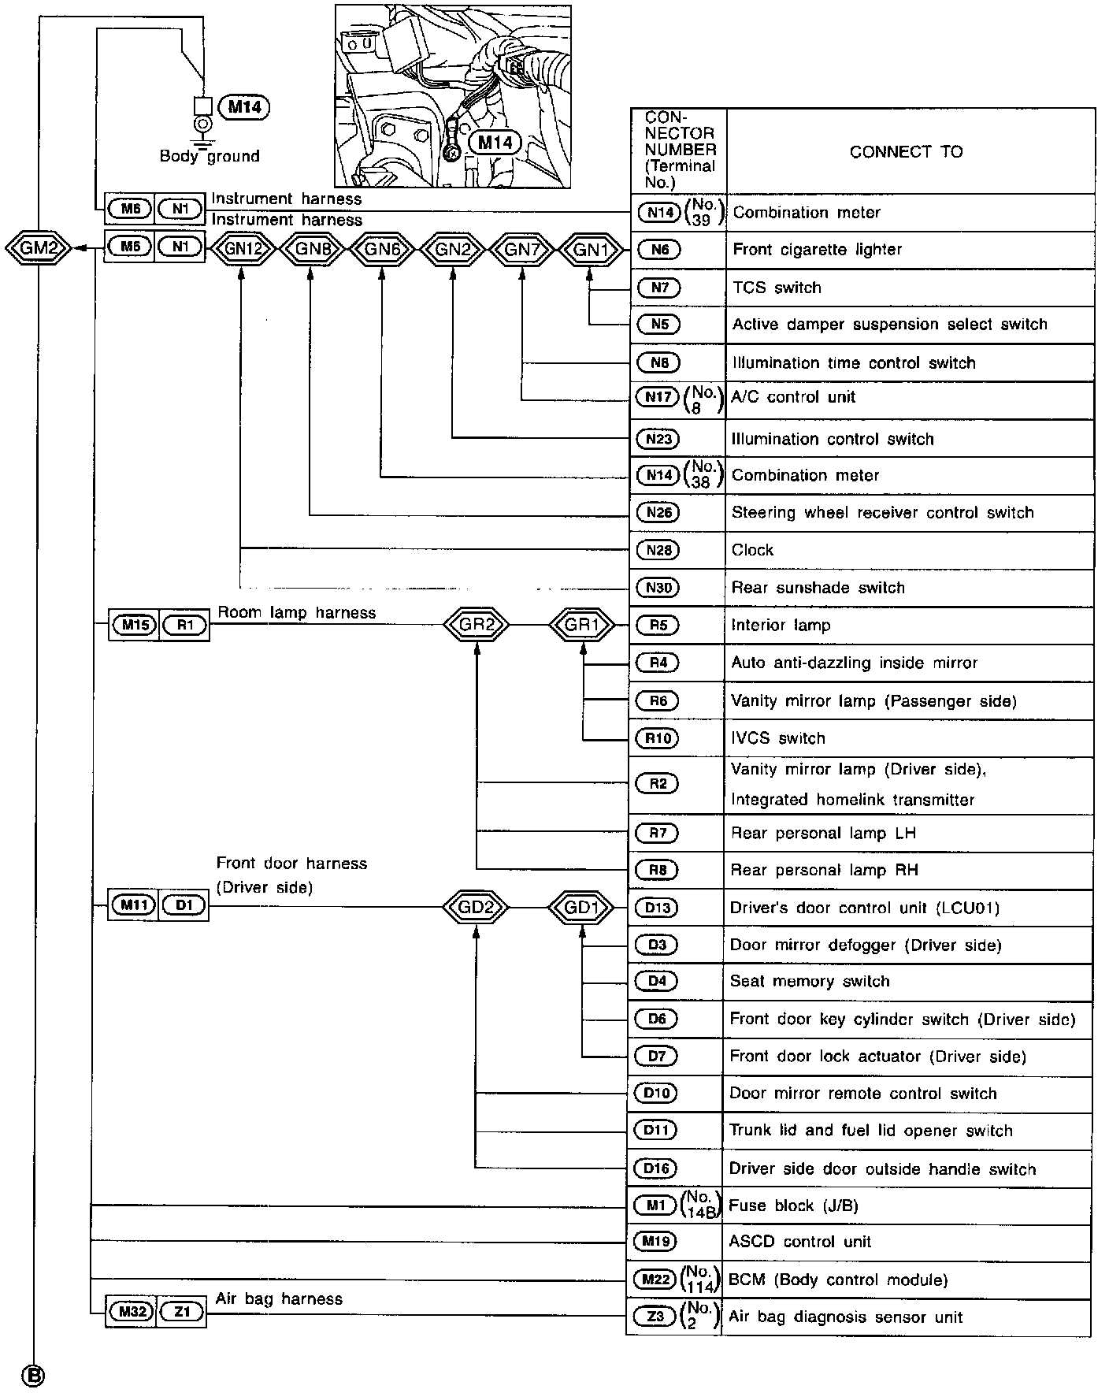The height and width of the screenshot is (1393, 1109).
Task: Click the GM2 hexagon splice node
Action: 38,248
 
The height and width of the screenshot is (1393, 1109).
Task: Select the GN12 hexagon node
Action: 242,250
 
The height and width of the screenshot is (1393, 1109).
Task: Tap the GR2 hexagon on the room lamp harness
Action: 476,626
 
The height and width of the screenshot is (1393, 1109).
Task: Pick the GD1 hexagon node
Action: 582,908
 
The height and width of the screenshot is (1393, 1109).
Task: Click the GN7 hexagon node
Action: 522,250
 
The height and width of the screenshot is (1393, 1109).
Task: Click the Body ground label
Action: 210,156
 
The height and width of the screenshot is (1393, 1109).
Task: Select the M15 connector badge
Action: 133,626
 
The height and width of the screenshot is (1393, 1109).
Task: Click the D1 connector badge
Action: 184,906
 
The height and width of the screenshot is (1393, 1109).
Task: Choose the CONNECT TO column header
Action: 906,152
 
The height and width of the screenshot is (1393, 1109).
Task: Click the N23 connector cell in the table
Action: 658,439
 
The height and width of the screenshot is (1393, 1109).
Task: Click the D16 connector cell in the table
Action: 656,1168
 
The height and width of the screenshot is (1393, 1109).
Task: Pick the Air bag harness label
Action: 279,1298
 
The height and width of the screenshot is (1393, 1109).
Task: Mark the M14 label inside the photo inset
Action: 495,143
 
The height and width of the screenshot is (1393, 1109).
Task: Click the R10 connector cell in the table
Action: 658,738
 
